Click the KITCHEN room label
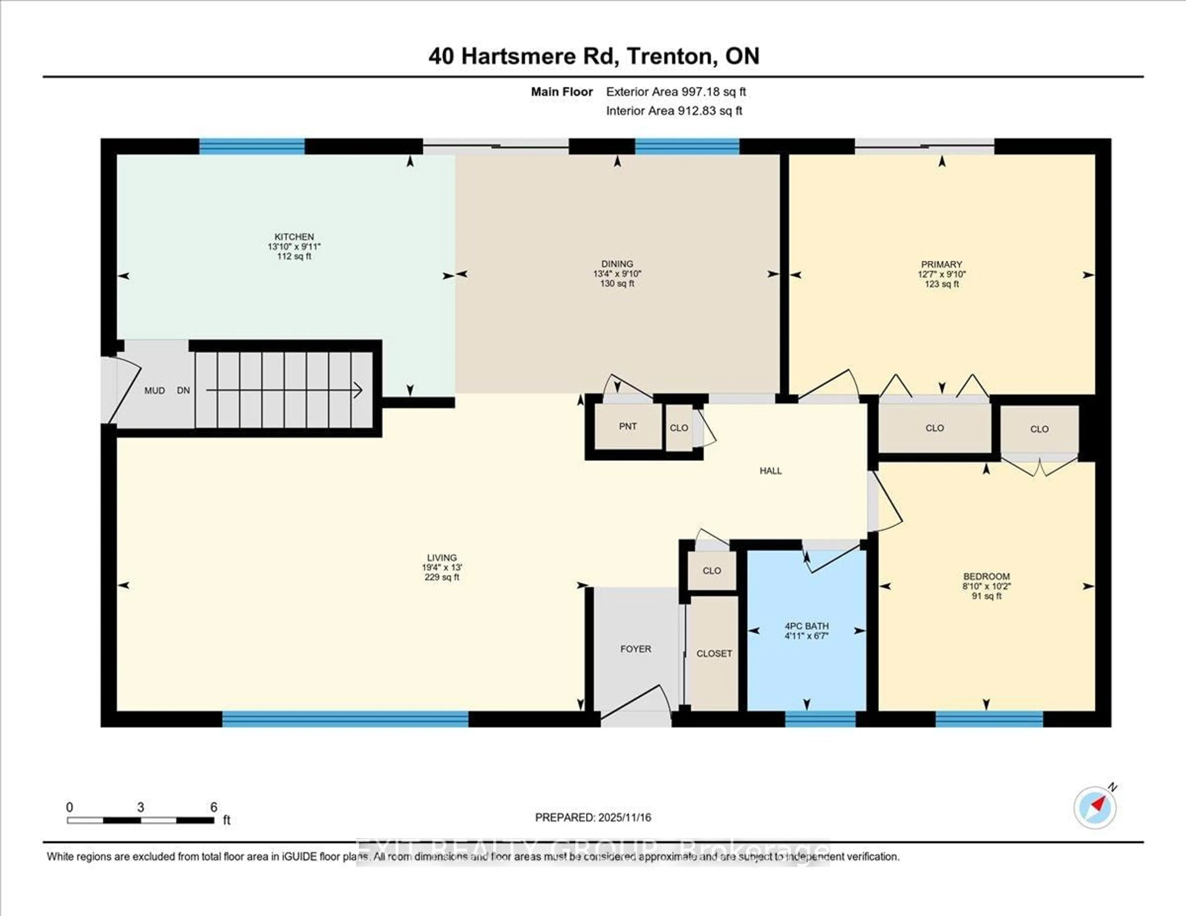coord(294,237)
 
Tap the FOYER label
coord(635,649)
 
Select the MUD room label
coord(154,390)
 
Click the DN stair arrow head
coord(358,390)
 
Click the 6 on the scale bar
coord(213,807)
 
